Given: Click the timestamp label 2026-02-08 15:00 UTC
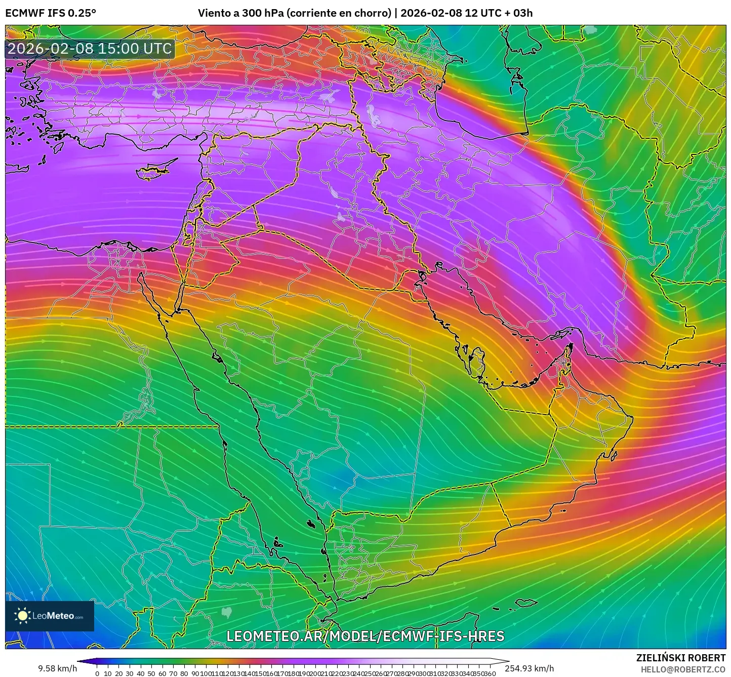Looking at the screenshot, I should (90, 49).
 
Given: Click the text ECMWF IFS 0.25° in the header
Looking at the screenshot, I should (51, 13).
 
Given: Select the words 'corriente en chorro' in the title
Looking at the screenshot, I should (339, 13).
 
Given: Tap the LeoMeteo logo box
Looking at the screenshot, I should (50, 616).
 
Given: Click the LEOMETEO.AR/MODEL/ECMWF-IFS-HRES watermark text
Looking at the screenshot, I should (365, 636).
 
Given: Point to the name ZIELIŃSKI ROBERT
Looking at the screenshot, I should (680, 658).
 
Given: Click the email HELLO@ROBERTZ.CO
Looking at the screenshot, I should (683, 669).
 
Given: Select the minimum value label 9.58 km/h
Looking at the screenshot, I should (57, 668).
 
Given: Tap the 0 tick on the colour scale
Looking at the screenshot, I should (97, 673).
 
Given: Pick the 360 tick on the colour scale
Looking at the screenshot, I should (490, 673).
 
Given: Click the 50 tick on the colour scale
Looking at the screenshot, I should (151, 673).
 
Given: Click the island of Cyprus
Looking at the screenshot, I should (156, 170).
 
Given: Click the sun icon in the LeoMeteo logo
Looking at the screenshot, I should (23, 616).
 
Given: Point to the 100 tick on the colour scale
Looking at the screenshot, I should (206, 673).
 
